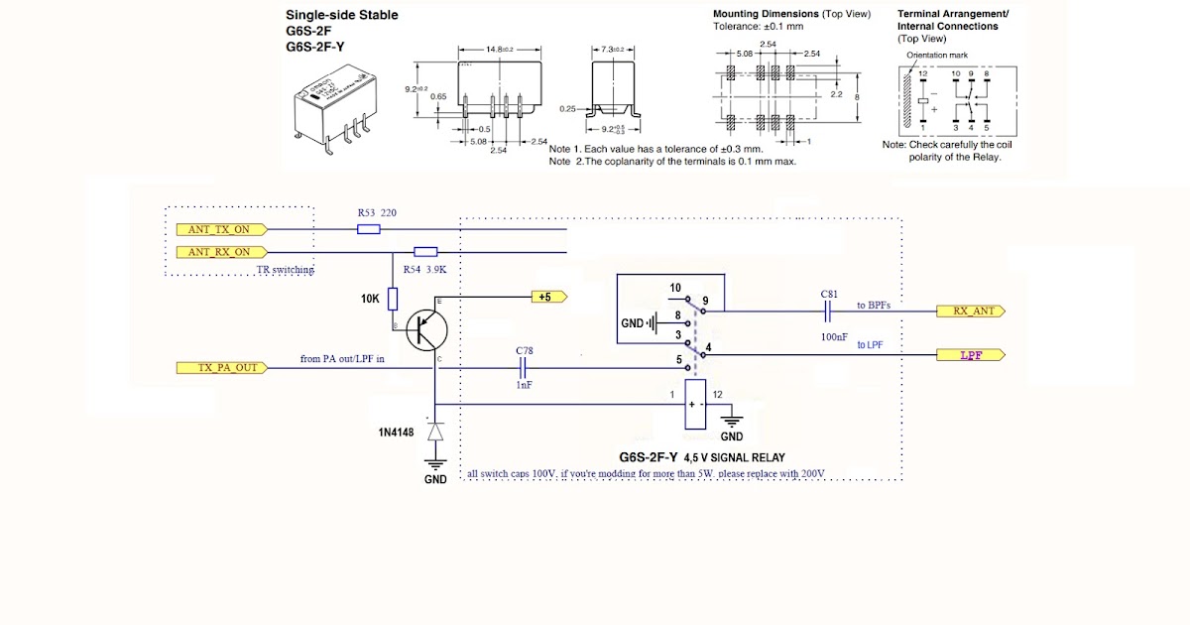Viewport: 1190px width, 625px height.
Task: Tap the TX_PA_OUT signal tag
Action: (220, 368)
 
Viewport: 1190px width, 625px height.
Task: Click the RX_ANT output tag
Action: (971, 311)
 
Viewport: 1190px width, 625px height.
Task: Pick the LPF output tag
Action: (971, 354)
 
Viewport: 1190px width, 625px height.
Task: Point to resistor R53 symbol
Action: (368, 229)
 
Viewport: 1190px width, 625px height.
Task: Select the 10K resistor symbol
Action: (393, 299)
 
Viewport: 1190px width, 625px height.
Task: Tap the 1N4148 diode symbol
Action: (433, 433)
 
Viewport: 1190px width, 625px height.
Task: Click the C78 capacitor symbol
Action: (523, 368)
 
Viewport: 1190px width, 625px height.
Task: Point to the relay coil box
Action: (696, 405)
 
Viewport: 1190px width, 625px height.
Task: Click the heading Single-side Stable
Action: (342, 15)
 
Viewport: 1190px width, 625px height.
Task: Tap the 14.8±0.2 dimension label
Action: (498, 50)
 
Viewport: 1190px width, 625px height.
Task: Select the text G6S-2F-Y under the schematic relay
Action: (648, 457)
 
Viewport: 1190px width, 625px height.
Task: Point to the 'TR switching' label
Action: (285, 270)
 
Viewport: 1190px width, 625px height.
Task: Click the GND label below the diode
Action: (435, 479)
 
